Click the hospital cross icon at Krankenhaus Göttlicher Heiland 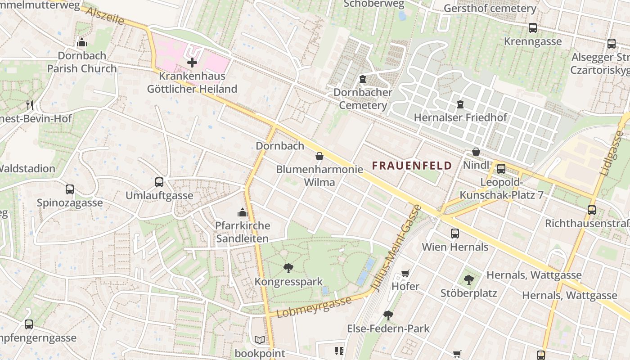click(192, 63)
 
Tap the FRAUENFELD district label click(412, 166)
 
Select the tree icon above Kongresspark click(288, 269)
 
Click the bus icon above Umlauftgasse click(159, 182)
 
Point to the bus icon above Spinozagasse click(70, 189)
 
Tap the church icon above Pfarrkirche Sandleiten click(243, 212)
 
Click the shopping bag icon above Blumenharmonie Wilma click(319, 156)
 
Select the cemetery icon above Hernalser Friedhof click(460, 104)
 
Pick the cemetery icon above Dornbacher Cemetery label click(363, 79)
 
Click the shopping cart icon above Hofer click(405, 273)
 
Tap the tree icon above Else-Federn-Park click(388, 315)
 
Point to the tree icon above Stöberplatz click(468, 279)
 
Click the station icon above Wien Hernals click(455, 234)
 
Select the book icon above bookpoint click(260, 340)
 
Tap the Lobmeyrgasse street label click(314, 307)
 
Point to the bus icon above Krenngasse click(533, 28)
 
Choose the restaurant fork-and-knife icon click(30, 105)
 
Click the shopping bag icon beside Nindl click(476, 152)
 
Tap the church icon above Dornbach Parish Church click(82, 43)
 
